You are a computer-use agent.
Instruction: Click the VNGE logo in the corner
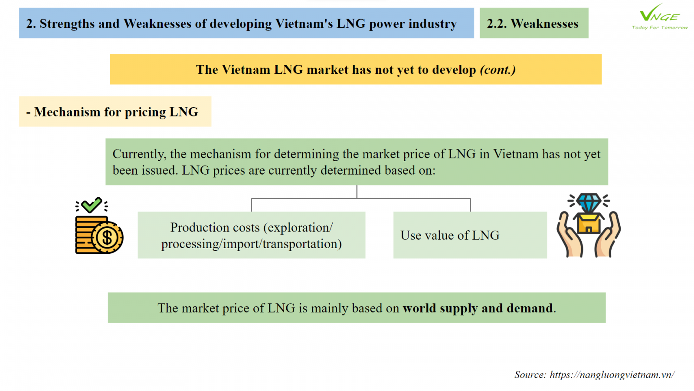(660, 17)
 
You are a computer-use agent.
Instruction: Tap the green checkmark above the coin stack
(92, 205)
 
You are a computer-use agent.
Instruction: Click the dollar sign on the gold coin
(107, 238)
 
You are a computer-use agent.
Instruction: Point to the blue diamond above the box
(589, 203)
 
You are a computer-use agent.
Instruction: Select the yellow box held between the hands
(589, 223)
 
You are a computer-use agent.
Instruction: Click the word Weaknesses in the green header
(544, 23)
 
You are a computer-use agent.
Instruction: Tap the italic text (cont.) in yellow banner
(498, 70)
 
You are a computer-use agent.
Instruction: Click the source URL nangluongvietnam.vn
(612, 374)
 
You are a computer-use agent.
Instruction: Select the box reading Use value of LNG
(470, 235)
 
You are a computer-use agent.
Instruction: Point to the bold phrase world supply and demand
(478, 308)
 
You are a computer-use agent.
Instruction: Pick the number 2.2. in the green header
(497, 23)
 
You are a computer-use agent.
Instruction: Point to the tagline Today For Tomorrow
(660, 28)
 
